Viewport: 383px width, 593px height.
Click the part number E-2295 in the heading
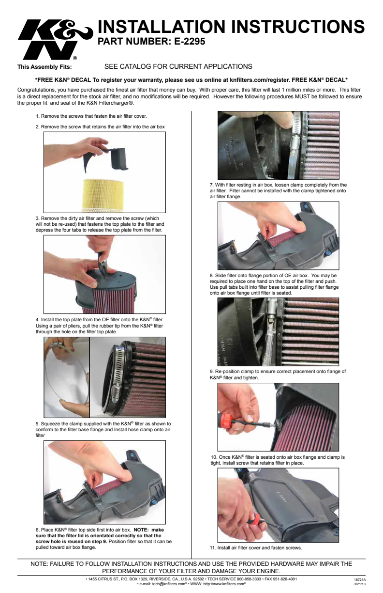189,41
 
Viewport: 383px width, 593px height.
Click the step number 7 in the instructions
211,185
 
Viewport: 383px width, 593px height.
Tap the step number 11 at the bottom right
212,548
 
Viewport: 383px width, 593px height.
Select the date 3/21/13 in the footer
360,584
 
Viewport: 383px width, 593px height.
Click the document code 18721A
360,580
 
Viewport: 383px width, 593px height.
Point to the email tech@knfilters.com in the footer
169,584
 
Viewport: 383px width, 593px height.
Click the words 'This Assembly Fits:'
44,67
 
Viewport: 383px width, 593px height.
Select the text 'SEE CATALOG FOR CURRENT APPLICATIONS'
178,66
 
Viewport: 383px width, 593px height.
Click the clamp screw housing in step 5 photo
116,391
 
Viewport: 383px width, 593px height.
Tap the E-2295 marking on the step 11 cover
282,497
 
